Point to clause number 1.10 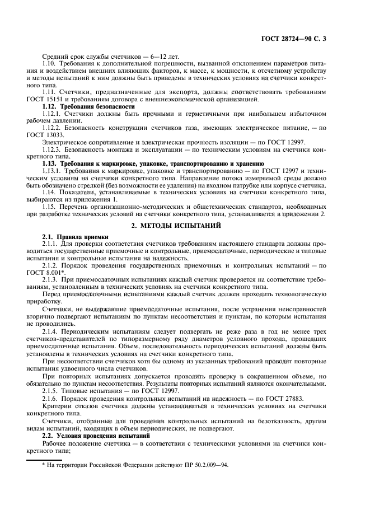pyautogui.click(x=49, y=65)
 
